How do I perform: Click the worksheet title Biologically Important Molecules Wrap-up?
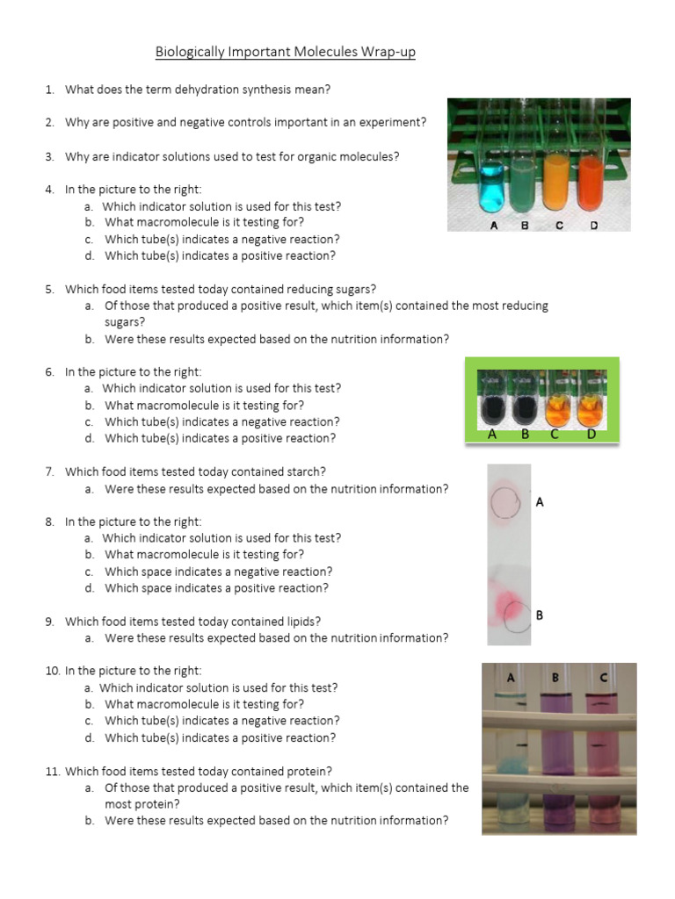click(x=286, y=53)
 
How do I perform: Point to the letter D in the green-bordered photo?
click(x=592, y=434)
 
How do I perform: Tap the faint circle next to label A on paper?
click(x=506, y=503)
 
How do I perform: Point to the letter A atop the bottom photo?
click(x=510, y=677)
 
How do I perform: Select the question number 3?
click(x=50, y=156)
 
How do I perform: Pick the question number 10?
click(x=52, y=671)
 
